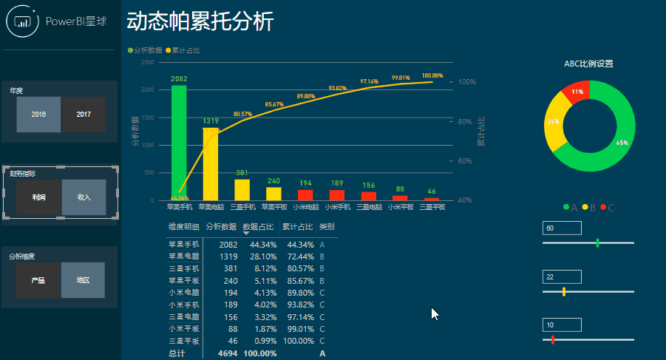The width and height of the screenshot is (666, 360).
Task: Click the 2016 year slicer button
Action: coord(38,115)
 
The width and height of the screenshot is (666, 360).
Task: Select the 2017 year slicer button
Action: coord(84,115)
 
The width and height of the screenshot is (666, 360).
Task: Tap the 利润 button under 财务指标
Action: coord(38,198)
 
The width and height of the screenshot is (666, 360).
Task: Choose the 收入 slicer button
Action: coord(84,198)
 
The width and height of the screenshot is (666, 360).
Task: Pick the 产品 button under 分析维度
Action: coord(38,281)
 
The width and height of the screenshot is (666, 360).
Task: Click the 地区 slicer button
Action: coord(84,281)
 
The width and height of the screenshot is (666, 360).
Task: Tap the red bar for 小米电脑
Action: coord(305,195)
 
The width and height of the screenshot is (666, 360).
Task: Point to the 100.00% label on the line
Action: coord(432,75)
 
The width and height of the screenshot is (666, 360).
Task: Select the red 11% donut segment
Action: coord(577,92)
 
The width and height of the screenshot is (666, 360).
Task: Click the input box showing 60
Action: coord(562,228)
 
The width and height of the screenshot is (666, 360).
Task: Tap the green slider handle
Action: coord(597,242)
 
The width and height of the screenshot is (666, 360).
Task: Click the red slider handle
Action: coord(552,339)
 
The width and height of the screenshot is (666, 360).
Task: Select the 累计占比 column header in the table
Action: coord(297,227)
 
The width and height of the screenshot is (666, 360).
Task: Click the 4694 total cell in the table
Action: coord(227,354)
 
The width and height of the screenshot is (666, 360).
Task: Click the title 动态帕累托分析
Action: coord(200,21)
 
